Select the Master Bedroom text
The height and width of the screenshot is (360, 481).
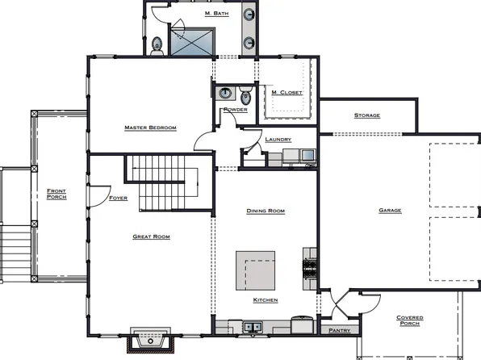pos(150,128)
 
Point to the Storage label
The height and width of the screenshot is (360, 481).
pos(367,115)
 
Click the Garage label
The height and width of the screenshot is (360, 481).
pos(390,211)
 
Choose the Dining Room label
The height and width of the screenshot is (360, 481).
pos(266,211)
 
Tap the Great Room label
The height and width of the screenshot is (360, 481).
pos(151,237)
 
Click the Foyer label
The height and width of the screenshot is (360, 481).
pos(118,198)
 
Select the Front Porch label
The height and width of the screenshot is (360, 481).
pos(56,194)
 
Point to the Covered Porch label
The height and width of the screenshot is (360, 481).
pos(409,320)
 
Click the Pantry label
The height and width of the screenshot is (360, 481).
pos(337,331)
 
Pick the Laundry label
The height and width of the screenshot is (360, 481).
pos(278,140)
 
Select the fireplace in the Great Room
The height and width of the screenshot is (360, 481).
pos(150,341)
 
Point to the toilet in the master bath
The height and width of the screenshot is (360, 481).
pos(157,48)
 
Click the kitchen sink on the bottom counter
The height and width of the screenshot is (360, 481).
pos(253,327)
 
